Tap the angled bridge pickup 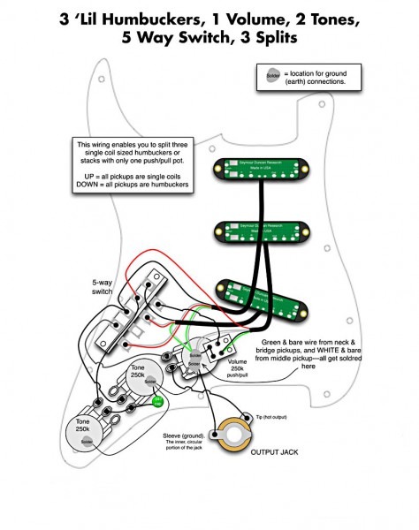tap(268, 301)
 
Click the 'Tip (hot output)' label tap(273, 416)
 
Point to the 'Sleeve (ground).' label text tap(184, 437)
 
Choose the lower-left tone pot tap(84, 433)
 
